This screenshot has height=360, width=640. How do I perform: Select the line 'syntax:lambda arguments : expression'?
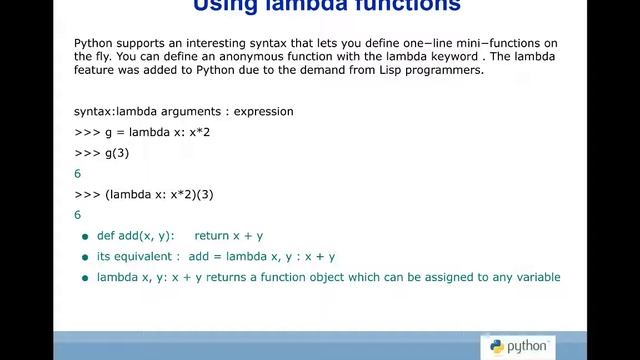coord(184,111)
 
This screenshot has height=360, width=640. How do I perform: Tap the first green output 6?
coord(78,174)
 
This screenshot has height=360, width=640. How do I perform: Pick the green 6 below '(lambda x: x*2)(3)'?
coord(78,215)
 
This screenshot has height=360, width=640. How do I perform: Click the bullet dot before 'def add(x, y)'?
coord(85,237)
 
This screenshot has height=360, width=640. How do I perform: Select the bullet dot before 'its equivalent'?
coord(85,258)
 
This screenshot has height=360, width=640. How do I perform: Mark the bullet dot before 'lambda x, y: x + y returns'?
coord(85,278)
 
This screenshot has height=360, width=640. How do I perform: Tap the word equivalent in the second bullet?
coord(147,257)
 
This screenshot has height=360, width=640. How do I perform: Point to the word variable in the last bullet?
coord(537,277)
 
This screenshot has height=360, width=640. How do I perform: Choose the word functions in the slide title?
coord(406,5)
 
